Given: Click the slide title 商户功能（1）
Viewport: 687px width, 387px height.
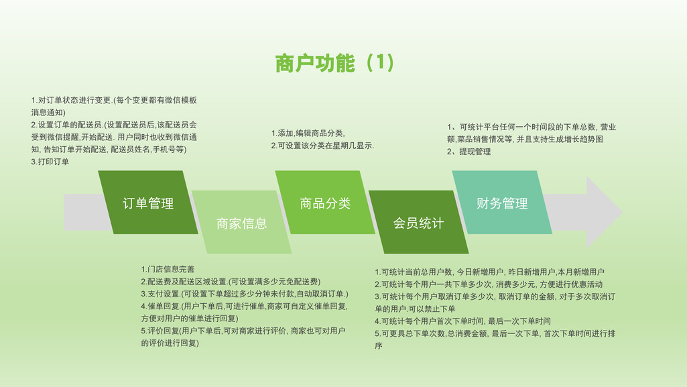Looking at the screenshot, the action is coord(334,63).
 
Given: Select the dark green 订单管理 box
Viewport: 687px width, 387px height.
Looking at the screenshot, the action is coord(148,203).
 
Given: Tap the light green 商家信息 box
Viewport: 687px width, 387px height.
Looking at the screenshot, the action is coord(241,222).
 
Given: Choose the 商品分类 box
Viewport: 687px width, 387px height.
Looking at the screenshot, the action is coord(325,203).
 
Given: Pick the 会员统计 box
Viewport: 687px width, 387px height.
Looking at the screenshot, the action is coord(418,222).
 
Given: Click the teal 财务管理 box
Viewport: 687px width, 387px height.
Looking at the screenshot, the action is coord(502,203).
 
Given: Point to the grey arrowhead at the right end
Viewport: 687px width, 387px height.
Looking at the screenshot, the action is coord(604,212).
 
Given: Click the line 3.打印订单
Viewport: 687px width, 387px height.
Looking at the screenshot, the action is coord(50,162).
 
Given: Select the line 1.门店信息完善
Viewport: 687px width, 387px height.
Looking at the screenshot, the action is coord(168,269).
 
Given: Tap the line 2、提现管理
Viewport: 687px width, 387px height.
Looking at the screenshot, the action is coord(469,152).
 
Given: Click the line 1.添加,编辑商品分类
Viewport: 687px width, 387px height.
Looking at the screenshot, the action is coord(308,133).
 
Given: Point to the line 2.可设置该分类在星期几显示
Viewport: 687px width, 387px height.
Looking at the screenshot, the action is coord(322,146).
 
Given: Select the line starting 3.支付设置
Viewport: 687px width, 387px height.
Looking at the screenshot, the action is coord(245,294).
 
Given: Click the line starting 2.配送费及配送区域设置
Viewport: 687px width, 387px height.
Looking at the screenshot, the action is coord(231,282).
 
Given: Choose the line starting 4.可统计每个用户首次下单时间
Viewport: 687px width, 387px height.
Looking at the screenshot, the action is coord(462,321).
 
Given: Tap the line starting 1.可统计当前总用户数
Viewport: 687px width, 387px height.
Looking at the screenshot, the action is coord(489,272).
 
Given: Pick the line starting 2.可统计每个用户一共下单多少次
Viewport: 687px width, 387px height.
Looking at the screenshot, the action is coord(489,284).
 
